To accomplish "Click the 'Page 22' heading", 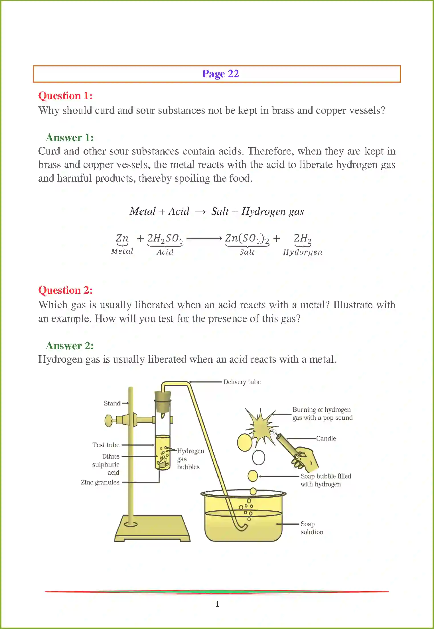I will [220, 74].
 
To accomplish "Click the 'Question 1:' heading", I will [65, 96].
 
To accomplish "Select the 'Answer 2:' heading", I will [70, 346].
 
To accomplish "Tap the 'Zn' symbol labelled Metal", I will [122, 238].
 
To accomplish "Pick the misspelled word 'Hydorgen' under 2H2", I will [303, 252].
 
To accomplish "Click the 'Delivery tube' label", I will [242, 382].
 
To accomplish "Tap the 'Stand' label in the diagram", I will [112, 403].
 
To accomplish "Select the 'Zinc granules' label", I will [100, 482].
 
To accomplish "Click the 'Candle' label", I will [326, 438].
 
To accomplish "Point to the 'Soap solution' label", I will [311, 528].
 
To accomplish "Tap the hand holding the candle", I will [307, 459].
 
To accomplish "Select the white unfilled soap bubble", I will [258, 457].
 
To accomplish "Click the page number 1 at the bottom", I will [217, 604].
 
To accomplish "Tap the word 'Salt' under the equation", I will [247, 252].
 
